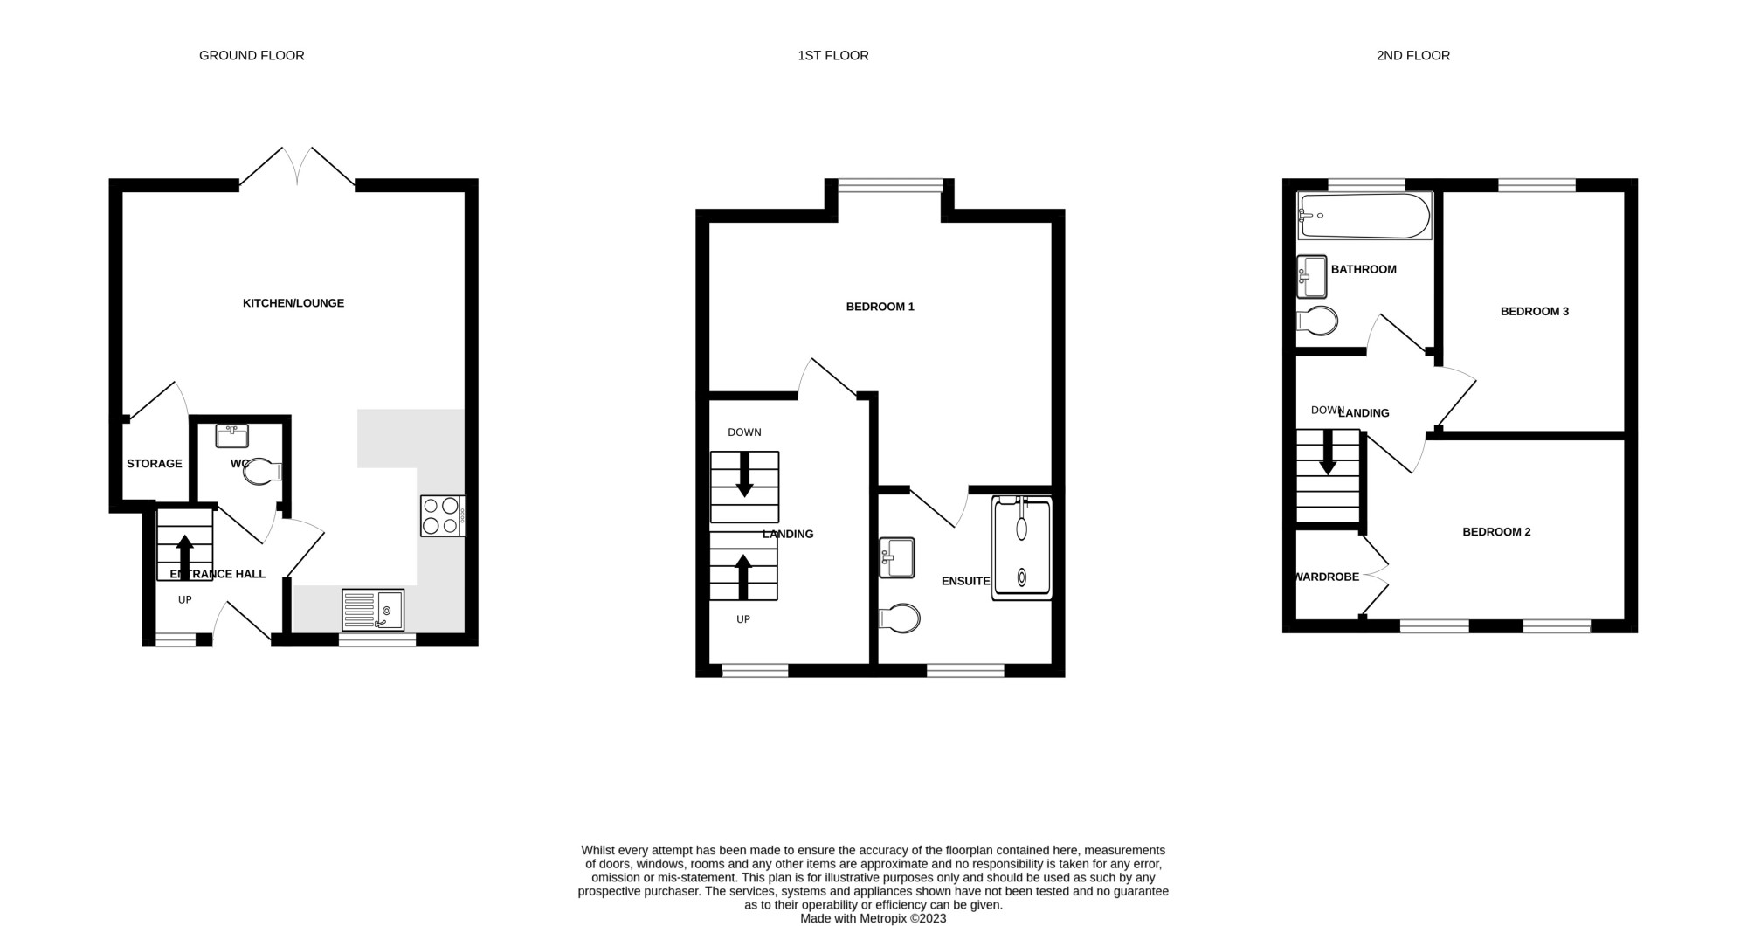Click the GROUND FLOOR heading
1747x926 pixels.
point(252,56)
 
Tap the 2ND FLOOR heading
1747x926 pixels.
point(1413,56)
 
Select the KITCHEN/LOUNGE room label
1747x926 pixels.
point(293,303)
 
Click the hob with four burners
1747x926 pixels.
point(443,515)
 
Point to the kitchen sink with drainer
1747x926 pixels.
point(373,610)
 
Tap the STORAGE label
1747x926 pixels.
point(155,464)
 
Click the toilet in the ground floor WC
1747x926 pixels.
point(261,473)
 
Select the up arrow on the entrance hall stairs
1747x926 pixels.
point(185,557)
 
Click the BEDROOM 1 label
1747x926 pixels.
point(880,307)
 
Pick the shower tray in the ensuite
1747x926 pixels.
point(1022,548)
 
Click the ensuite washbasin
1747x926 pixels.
point(897,557)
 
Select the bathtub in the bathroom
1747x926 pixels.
point(1364,216)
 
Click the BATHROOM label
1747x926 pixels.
point(1364,269)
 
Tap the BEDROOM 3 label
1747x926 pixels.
point(1535,311)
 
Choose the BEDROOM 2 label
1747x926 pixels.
point(1497,532)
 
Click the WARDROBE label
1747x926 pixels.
point(1328,577)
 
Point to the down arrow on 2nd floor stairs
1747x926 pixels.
point(1328,453)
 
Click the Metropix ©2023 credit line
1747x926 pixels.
point(873,919)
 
